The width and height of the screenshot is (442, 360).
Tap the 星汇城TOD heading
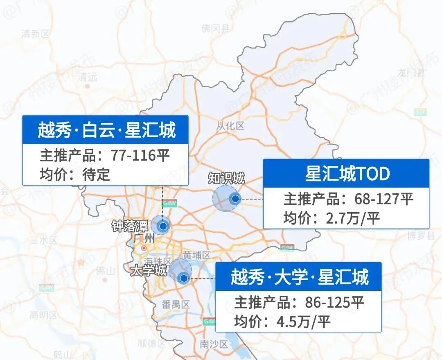click(x=347, y=174)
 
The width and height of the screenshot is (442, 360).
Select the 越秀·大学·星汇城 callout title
click(x=299, y=277)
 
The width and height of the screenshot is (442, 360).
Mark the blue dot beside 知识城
click(x=235, y=199)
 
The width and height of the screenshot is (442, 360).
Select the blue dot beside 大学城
click(x=184, y=278)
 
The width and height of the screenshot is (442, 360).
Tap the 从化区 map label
click(x=230, y=126)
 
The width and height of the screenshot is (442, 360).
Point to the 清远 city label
click(x=88, y=77)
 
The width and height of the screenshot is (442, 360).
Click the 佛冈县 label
click(x=216, y=28)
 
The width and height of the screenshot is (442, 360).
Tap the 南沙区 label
click(x=214, y=344)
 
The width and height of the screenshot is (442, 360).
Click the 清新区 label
click(x=35, y=34)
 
